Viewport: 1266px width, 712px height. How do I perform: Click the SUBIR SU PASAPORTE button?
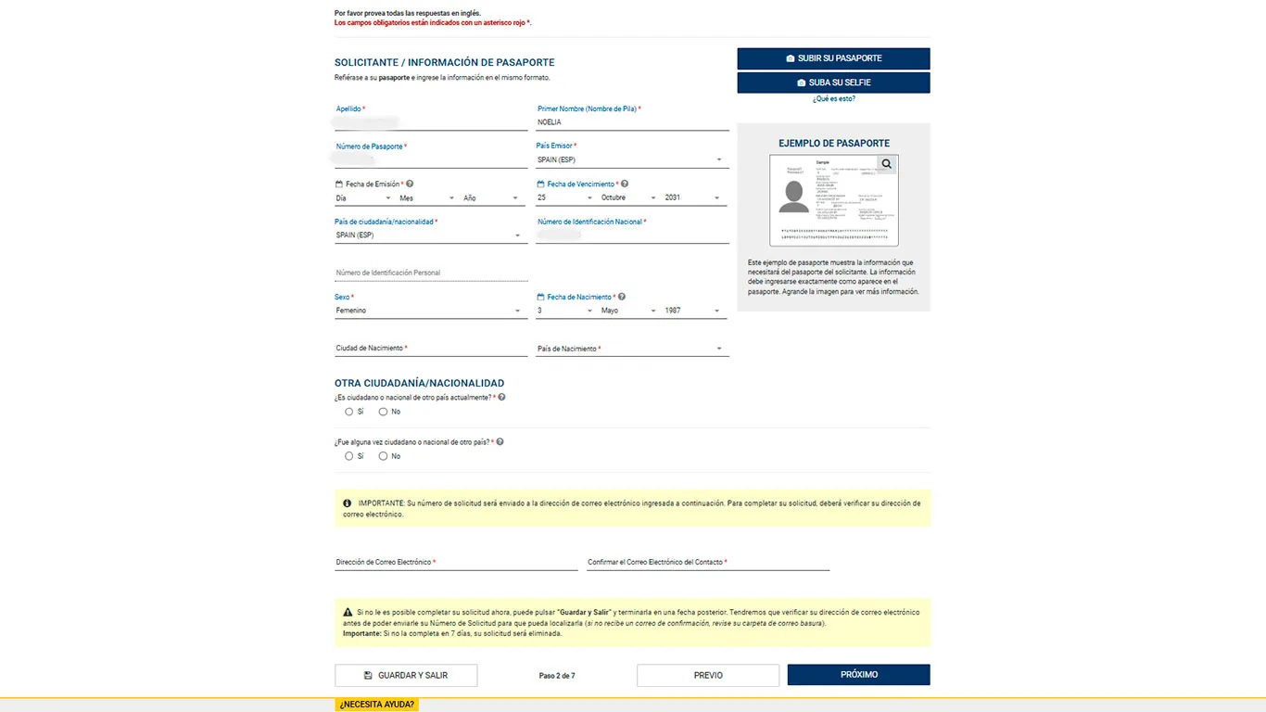[x=833, y=58]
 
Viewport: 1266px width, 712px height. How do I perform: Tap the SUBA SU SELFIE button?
[x=833, y=83]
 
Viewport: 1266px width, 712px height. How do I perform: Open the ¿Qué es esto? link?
[x=833, y=98]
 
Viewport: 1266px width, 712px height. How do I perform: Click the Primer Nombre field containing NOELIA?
[x=632, y=122]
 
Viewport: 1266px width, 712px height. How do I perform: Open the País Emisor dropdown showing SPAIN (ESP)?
[x=629, y=159]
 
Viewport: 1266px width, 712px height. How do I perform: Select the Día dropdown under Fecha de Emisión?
[x=363, y=198]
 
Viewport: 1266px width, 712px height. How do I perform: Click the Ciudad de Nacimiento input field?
[x=430, y=349]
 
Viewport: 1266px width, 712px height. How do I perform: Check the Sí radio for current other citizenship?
[x=349, y=412]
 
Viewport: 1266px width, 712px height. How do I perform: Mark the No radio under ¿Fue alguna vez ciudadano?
[x=383, y=456]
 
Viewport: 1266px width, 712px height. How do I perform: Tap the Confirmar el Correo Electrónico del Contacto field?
[x=708, y=562]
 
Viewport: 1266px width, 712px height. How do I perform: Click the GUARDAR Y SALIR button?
[x=406, y=675]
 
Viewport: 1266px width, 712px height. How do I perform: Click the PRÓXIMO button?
[x=858, y=675]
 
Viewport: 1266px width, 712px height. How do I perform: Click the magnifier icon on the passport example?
[x=887, y=164]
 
